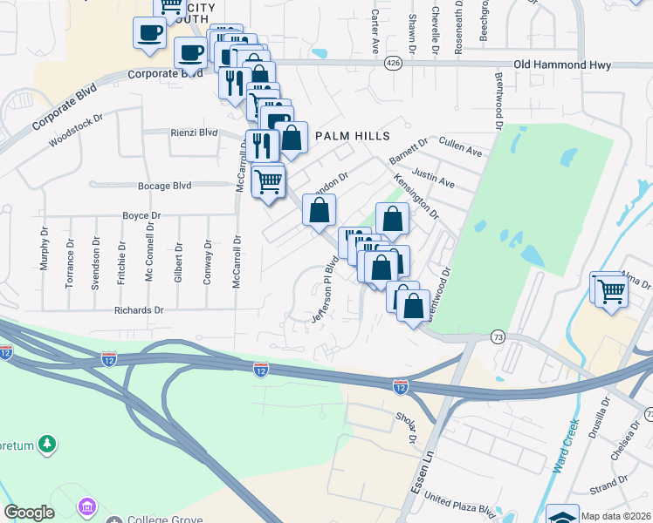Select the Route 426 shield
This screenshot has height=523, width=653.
(394, 63)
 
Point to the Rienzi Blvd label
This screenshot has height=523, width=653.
(194, 132)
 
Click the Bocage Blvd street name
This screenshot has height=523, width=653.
(164, 186)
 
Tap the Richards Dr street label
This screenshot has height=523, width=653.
(139, 309)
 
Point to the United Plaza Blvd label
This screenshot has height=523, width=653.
(460, 506)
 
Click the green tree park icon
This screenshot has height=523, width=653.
(46, 445)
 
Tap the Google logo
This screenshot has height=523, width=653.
(29, 513)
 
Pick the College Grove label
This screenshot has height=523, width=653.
(162, 520)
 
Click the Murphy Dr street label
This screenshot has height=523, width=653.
(43, 249)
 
